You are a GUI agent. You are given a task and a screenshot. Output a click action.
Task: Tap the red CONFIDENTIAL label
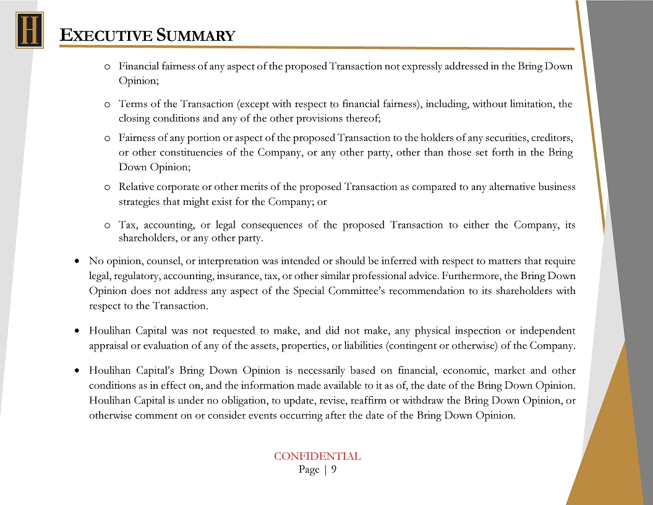pos(317,457)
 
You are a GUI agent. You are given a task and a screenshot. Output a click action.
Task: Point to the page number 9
pos(334,470)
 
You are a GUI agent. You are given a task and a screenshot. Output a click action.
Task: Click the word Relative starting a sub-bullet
pos(139,187)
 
